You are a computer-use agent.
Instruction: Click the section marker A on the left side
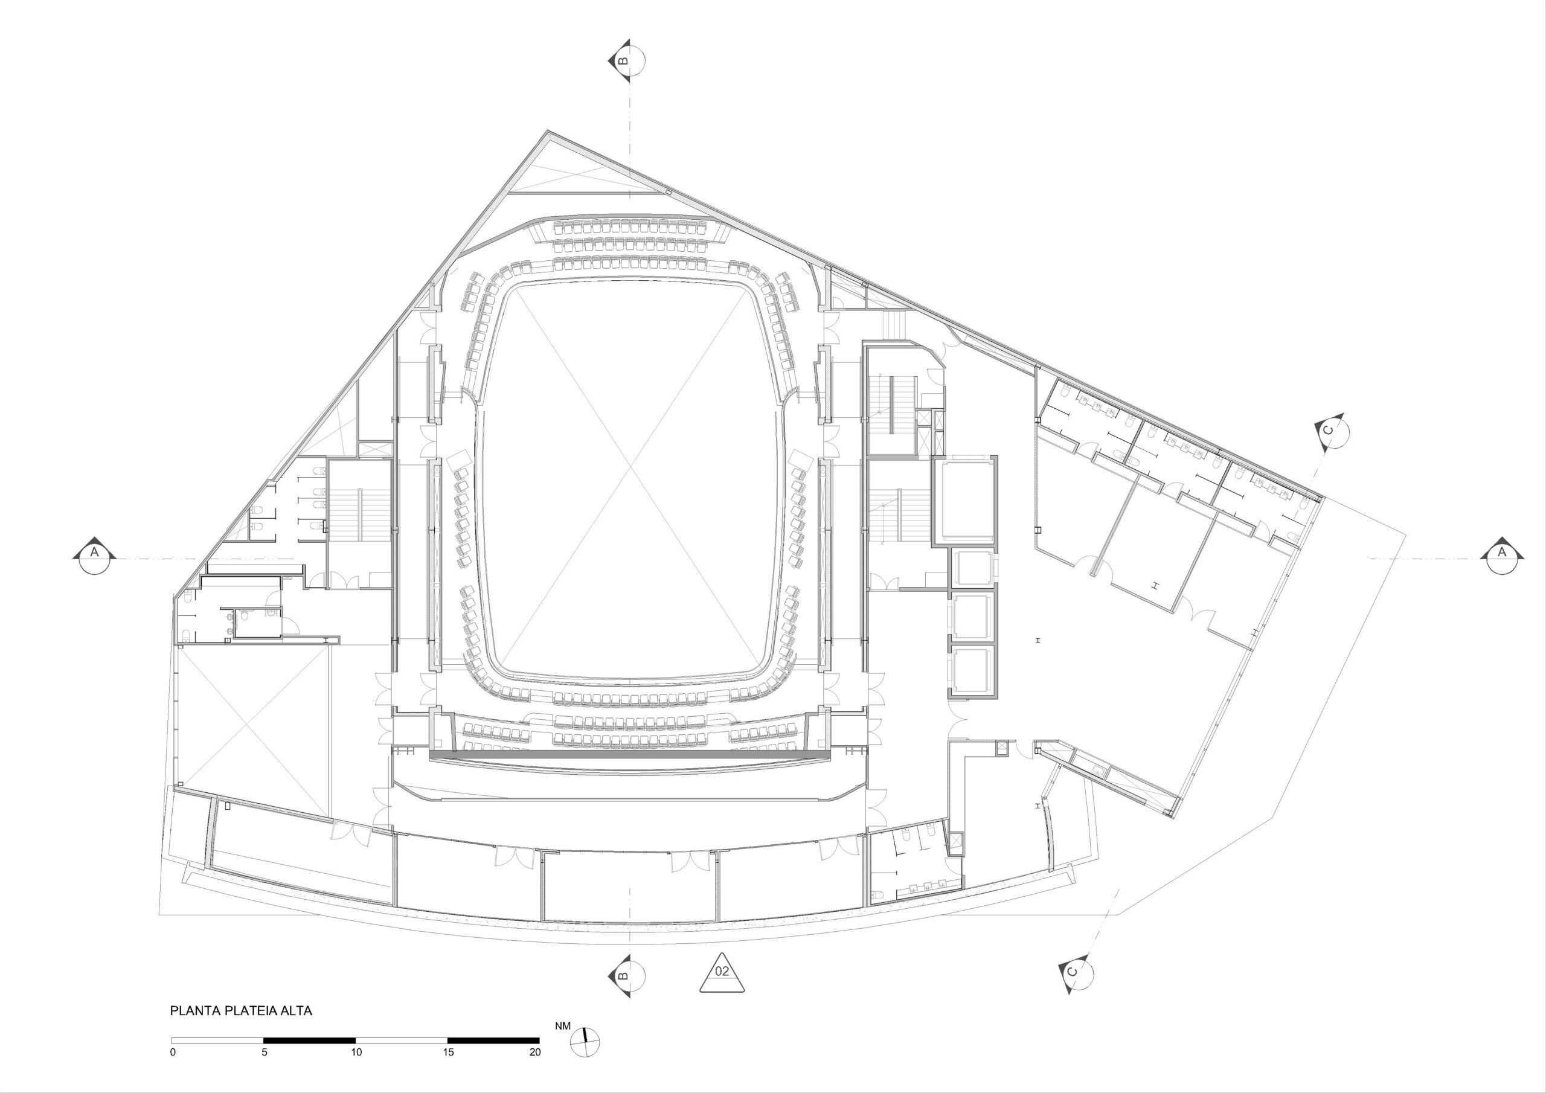[x=94, y=555]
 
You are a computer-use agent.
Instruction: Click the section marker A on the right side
[x=1501, y=555]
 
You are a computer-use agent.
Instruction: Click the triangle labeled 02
[x=722, y=972]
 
